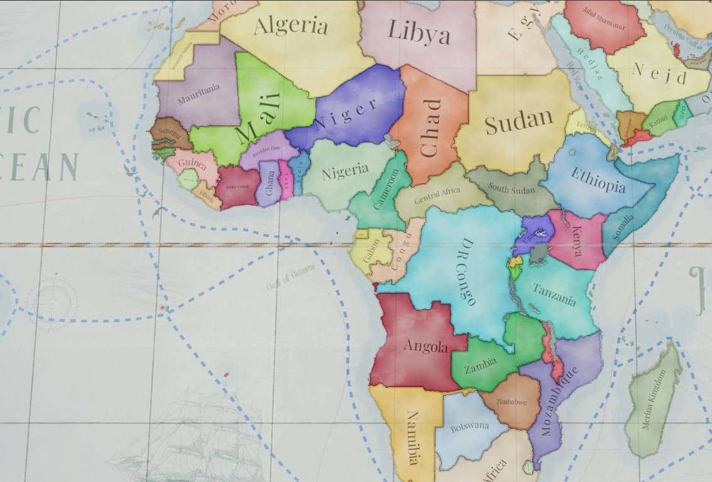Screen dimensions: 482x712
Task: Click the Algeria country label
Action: point(291,26)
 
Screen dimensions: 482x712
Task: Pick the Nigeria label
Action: point(345,171)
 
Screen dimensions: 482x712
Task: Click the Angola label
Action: point(425,346)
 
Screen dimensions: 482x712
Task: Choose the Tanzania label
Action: point(554,294)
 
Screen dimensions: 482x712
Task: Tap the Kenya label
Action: point(577,241)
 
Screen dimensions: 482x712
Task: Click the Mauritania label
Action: point(199,94)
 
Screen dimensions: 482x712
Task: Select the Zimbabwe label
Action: point(511,401)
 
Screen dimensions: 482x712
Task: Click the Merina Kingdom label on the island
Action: point(654,400)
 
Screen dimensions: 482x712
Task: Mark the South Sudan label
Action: point(512,189)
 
